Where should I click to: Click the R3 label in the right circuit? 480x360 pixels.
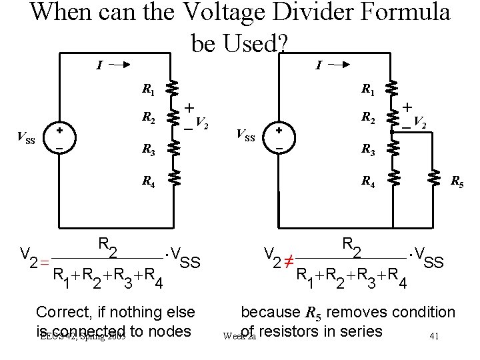click(x=367, y=151)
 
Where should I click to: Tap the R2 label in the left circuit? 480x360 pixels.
click(x=149, y=119)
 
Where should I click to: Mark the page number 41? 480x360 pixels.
click(x=434, y=337)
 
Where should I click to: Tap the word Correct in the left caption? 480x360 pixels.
click(x=62, y=312)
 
